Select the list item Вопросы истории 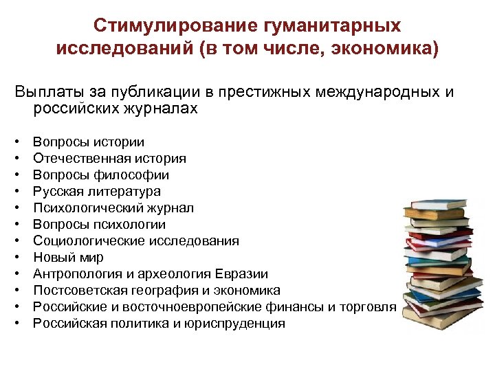tap(89, 142)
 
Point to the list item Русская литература tap(97, 192)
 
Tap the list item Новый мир tap(68, 258)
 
